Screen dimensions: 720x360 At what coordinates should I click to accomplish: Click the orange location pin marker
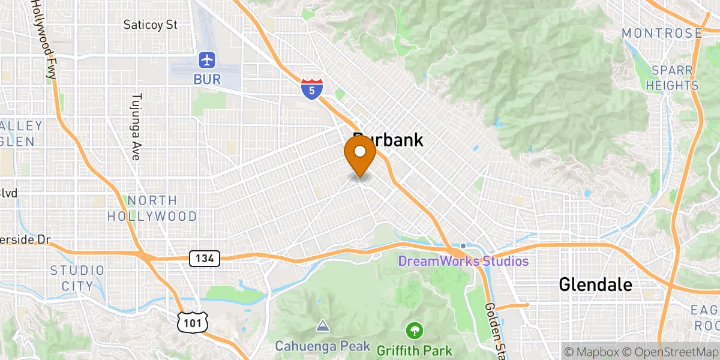[360, 154]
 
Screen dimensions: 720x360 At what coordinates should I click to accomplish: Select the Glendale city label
[595, 284]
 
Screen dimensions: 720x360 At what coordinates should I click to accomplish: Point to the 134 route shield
[205, 259]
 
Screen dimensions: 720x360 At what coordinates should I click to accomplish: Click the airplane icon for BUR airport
[208, 60]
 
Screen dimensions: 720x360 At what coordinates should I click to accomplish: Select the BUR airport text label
[208, 79]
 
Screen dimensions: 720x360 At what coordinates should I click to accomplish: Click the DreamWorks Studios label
[464, 261]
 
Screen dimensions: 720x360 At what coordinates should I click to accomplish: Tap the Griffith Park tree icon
[414, 330]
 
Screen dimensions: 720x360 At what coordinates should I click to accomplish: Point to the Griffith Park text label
[415, 349]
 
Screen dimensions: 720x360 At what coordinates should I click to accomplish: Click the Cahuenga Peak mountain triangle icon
[323, 326]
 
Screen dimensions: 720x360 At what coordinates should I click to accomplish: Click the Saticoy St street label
[151, 25]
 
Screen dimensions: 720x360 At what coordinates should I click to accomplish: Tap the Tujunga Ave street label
[136, 127]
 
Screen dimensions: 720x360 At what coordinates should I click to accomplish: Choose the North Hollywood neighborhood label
[152, 208]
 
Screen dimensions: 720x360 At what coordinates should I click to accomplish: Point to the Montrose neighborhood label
[661, 33]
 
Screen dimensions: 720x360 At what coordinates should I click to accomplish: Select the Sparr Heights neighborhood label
[672, 78]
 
